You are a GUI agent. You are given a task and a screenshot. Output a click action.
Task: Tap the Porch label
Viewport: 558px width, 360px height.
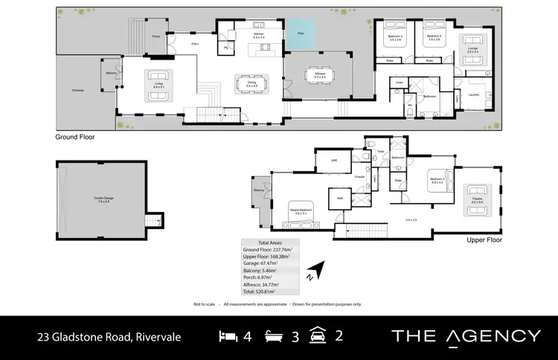click(156, 36)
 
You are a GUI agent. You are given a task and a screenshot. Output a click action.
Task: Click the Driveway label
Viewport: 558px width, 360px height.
click(78, 90)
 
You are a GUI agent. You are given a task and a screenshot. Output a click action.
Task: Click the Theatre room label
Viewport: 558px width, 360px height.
click(478, 198)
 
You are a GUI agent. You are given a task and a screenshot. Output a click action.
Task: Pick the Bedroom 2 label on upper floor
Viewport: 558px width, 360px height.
click(437, 179)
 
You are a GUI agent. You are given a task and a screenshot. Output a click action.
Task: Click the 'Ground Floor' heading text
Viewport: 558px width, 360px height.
click(75, 138)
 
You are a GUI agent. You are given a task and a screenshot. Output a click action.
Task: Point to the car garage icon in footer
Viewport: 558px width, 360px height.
click(320, 335)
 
